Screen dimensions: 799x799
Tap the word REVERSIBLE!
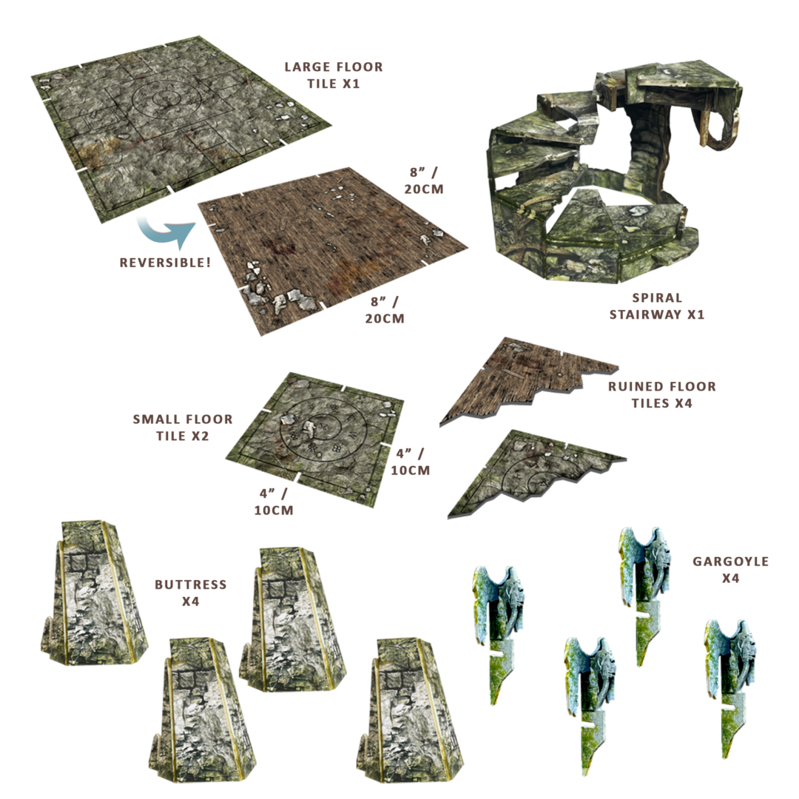click(x=165, y=263)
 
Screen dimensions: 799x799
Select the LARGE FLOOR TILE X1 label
click(x=334, y=75)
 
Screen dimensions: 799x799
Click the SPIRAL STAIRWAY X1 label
click(x=657, y=306)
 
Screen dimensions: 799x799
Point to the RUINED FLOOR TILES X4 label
click(x=662, y=395)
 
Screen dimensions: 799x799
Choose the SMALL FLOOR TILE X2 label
click(x=183, y=428)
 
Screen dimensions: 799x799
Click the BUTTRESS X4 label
click(x=191, y=593)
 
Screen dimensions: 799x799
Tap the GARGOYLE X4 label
click(x=730, y=570)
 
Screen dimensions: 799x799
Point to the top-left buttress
click(x=94, y=593)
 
